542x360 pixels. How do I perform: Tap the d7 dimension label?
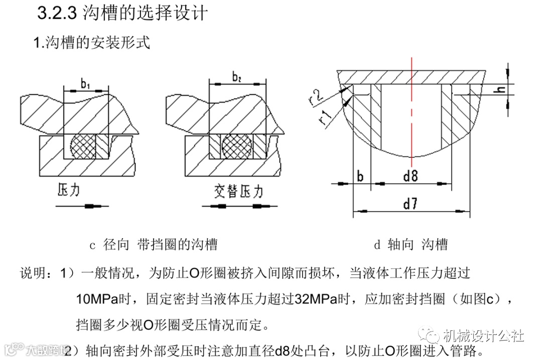click(412, 204)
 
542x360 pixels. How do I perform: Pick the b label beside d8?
click(360, 176)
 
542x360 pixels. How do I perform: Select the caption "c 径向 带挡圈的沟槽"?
click(153, 245)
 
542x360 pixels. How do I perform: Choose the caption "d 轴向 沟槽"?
click(410, 245)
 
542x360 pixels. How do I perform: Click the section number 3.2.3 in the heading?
click(57, 14)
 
